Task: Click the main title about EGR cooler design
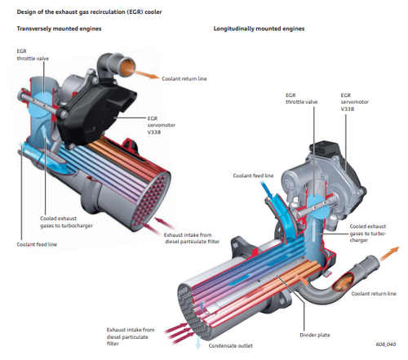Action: (x=89, y=12)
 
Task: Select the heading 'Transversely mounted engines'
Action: (x=59, y=29)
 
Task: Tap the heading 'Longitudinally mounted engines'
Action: (x=259, y=29)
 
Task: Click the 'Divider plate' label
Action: (x=315, y=335)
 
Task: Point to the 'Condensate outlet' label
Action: (x=231, y=346)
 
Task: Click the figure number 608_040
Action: (x=386, y=344)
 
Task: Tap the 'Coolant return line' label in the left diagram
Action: (x=184, y=78)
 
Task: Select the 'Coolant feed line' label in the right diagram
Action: (x=253, y=176)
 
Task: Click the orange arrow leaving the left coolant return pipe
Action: (x=146, y=74)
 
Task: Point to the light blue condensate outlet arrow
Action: (x=197, y=343)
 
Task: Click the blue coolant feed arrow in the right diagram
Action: (x=267, y=190)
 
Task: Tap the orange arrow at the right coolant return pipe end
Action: (x=389, y=253)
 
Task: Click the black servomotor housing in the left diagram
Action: (x=98, y=114)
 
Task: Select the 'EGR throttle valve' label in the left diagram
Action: (x=33, y=55)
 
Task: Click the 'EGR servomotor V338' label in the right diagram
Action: (x=354, y=102)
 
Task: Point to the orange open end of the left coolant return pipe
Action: (x=128, y=68)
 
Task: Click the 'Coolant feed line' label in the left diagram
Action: (x=37, y=244)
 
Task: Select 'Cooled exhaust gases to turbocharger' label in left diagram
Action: (x=66, y=222)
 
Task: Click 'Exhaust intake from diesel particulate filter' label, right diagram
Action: (x=131, y=336)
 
